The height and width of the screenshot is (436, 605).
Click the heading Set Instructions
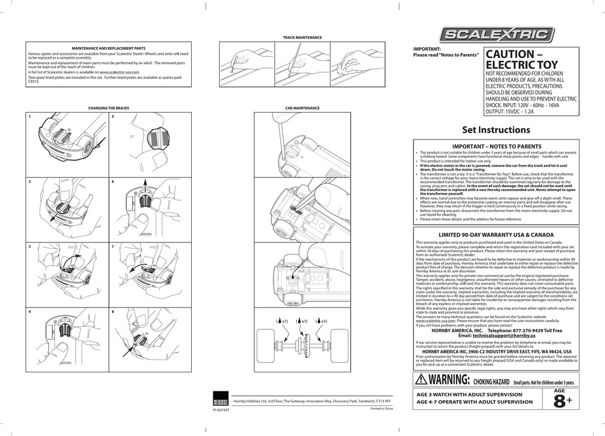click(495, 130)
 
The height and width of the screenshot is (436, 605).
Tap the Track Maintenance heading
click(302, 38)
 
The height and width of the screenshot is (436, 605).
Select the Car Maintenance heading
click(302, 108)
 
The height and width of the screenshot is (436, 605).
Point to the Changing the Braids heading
click(108, 108)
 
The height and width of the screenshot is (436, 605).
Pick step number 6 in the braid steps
click(113, 181)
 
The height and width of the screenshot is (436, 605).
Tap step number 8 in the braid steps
click(113, 311)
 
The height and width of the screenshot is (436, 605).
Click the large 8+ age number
click(557, 400)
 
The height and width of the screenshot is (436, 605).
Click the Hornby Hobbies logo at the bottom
click(220, 399)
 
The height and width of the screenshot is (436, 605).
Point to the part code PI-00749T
click(220, 411)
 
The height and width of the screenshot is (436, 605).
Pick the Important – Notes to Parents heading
click(495, 146)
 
